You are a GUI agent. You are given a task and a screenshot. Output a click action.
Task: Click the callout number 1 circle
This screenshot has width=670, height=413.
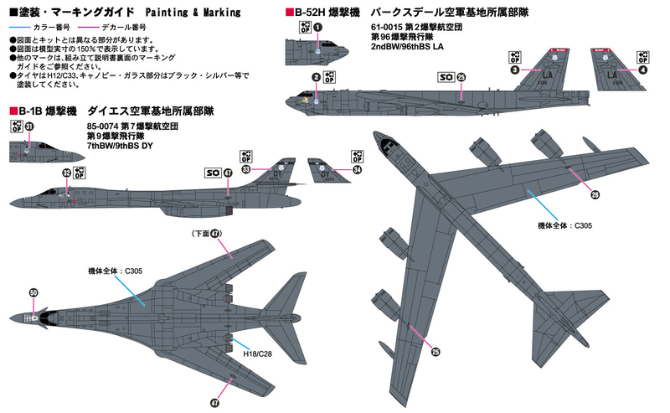(x=318, y=27)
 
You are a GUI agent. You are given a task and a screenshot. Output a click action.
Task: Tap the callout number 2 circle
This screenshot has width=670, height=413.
(x=316, y=78)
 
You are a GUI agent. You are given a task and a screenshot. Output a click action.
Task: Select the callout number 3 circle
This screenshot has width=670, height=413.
(x=515, y=70)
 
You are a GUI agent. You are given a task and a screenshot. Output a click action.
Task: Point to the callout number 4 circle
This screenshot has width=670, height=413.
(x=642, y=70)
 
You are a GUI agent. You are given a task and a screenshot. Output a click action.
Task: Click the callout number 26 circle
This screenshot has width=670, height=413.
(x=595, y=195)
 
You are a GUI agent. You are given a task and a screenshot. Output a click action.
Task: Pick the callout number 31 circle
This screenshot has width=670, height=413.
(x=29, y=126)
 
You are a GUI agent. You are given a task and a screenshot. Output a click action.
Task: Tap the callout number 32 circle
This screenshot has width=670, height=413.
(x=65, y=173)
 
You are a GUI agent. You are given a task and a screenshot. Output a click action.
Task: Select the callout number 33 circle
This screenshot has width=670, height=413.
(x=246, y=168)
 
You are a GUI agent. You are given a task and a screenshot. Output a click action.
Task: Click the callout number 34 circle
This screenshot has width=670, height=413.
(x=358, y=168)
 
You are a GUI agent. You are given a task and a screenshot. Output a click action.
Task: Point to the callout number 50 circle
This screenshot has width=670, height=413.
(x=33, y=292)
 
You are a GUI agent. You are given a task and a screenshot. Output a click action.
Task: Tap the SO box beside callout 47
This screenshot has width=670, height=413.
(x=212, y=173)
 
